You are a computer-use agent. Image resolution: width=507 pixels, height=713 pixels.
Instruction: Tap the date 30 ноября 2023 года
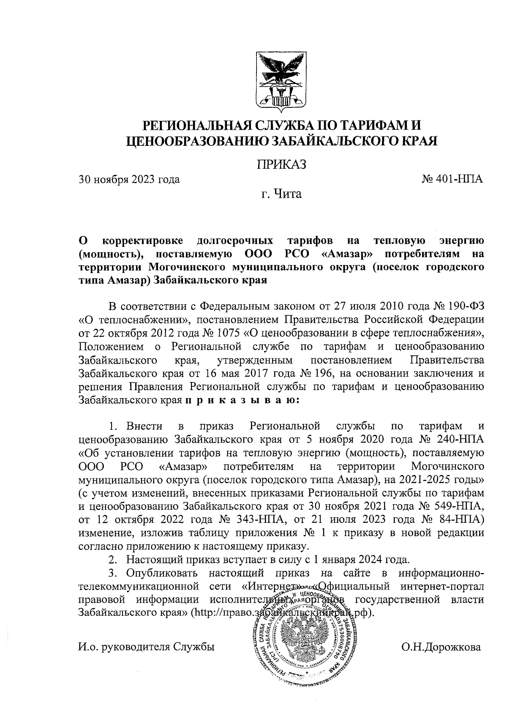click(x=129, y=180)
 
